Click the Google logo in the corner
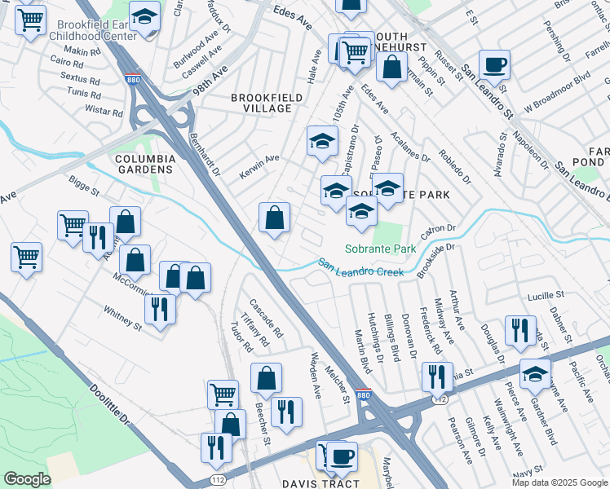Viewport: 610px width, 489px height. click(x=28, y=479)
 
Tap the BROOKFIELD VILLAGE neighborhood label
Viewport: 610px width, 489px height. click(x=261, y=103)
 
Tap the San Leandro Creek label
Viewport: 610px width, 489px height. click(x=360, y=267)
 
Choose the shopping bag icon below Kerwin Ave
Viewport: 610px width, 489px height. click(x=275, y=217)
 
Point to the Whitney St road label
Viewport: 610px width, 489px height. click(x=122, y=316)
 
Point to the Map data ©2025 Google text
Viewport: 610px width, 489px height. click(x=559, y=482)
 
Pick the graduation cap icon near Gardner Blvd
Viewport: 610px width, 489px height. click(x=535, y=373)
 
